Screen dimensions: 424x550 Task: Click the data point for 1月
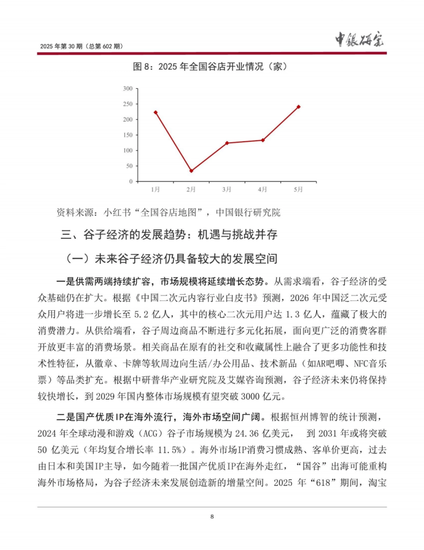[155, 112]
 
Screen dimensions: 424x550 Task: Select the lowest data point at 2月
[191, 171]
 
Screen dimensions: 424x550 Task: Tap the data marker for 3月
[227, 143]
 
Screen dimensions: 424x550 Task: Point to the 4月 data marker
[263, 140]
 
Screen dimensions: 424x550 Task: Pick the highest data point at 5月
[299, 106]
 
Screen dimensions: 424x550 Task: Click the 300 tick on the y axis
[128, 88]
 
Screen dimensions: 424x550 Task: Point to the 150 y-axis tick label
[128, 135]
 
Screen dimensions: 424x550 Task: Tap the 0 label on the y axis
[131, 181]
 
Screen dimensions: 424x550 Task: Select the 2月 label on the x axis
[191, 190]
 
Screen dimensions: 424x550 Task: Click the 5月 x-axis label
[299, 190]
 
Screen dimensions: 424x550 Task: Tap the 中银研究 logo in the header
[359, 40]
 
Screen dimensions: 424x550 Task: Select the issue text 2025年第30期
[61, 46]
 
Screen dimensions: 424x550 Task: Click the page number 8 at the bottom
[212, 516]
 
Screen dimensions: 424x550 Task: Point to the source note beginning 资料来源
[168, 212]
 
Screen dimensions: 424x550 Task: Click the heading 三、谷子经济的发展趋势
[169, 234]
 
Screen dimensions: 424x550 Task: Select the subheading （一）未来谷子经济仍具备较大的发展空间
[171, 259]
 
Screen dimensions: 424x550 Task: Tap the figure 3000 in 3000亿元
[250, 396]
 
